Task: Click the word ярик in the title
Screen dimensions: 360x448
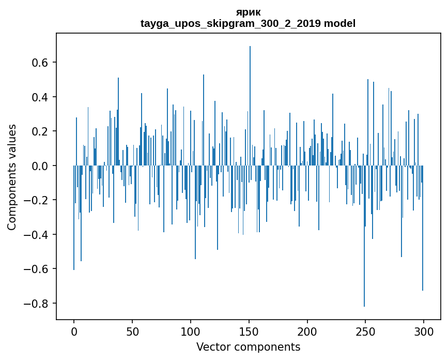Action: (x=248, y=12)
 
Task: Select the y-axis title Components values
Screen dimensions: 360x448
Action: (x=12, y=177)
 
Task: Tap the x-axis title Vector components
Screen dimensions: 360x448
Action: (x=248, y=347)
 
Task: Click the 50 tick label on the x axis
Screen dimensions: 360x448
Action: (x=132, y=332)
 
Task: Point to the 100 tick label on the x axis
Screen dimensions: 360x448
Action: (x=191, y=332)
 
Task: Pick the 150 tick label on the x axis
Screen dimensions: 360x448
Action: (x=249, y=332)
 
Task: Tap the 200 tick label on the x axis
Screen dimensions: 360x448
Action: (x=307, y=332)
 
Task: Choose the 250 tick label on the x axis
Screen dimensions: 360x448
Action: (x=366, y=332)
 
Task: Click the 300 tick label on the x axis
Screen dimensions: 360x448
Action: (x=424, y=332)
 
